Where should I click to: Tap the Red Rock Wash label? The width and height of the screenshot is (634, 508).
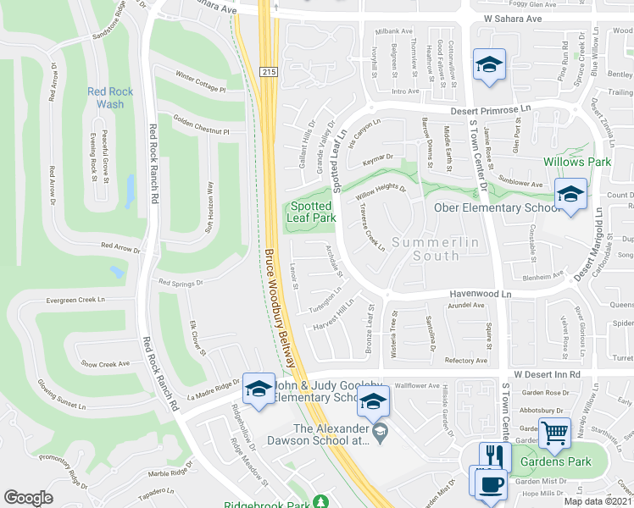110,98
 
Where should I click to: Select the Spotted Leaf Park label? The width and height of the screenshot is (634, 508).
312,212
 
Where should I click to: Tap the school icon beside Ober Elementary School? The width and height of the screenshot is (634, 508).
570,194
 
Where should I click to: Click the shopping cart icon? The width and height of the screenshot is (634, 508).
554,433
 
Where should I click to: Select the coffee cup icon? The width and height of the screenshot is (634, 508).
492,485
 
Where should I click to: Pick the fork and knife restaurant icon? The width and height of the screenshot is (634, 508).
495,456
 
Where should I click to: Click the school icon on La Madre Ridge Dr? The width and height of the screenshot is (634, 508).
259,388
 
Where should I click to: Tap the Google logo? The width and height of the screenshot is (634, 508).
29,498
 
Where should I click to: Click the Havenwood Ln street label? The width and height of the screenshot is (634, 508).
481,294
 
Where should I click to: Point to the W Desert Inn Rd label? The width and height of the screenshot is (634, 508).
547,373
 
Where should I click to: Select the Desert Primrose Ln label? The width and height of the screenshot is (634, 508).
499,108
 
